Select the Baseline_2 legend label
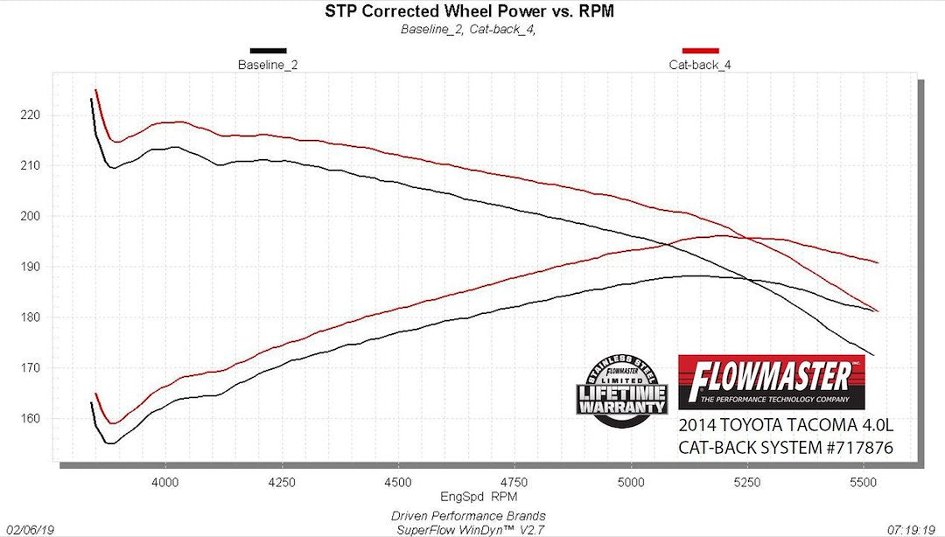268,65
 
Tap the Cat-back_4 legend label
699,65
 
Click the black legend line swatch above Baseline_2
268,51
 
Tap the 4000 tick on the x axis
165,481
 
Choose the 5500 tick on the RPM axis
863,481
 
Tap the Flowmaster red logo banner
771,381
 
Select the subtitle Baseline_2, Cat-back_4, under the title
467,29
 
